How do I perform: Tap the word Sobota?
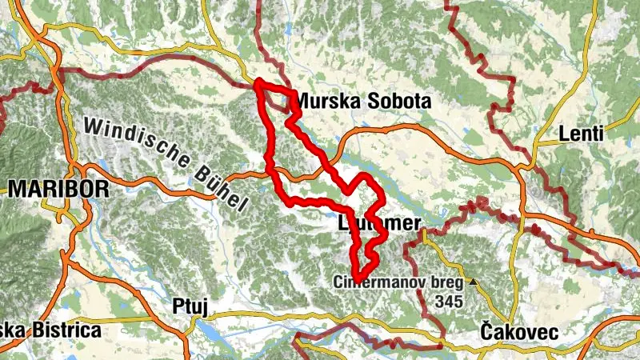coord(400,102)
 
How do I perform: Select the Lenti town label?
coord(581,134)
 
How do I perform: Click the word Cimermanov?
coord(373,283)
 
